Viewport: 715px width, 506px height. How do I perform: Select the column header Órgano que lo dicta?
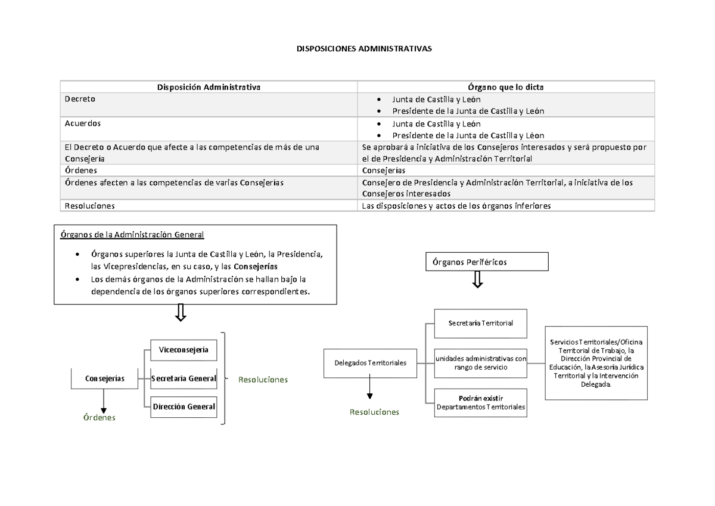[505, 87]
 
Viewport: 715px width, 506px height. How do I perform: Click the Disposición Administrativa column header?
[209, 87]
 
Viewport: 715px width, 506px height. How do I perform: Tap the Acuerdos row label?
[82, 123]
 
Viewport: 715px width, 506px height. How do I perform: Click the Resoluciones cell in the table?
[89, 205]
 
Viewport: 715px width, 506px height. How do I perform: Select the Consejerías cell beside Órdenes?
[384, 170]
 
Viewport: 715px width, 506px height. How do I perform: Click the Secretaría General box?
[183, 378]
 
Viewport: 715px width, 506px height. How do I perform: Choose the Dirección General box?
[183, 407]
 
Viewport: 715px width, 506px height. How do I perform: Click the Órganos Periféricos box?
[486, 262]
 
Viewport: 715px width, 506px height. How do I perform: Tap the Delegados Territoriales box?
[370, 362]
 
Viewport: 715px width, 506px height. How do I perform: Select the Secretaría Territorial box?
[480, 323]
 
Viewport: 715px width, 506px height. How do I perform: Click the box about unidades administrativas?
[480, 363]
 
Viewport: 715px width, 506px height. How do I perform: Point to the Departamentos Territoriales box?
[480, 402]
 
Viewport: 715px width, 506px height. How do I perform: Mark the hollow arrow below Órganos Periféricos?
[478, 280]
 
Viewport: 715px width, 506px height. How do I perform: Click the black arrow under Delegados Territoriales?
[370, 388]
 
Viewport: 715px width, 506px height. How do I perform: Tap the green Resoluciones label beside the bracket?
[263, 380]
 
